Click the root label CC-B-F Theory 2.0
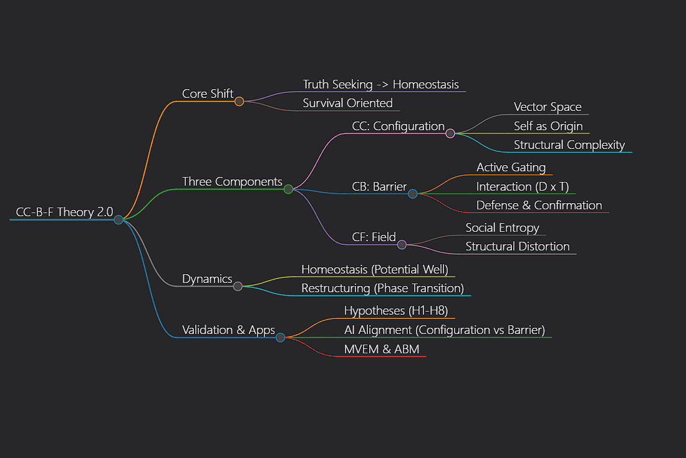64,212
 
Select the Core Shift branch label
208,93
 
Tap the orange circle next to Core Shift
239,101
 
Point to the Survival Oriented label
347,103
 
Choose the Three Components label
232,181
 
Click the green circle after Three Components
288,189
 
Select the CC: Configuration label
398,126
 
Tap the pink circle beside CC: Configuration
450,133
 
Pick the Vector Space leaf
548,107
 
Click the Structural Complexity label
569,145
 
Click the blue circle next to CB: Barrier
412,194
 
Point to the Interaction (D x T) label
522,186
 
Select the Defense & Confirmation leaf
539,205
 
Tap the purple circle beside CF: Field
402,244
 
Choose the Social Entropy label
502,227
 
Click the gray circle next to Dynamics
238,286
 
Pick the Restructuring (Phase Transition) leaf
382,288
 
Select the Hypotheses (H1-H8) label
395,310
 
